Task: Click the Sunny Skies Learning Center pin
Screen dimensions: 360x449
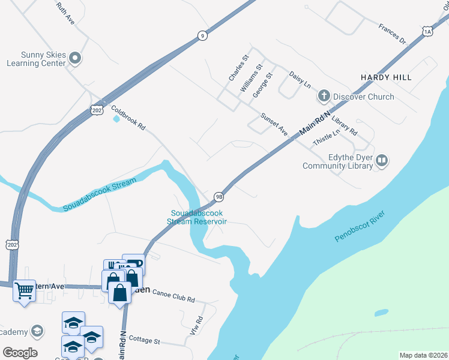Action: [75, 58]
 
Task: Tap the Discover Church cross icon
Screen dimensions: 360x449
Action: [324, 96]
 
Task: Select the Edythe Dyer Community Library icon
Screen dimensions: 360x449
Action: [382, 160]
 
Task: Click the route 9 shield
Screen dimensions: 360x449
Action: [203, 36]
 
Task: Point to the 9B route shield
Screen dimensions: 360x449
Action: [219, 196]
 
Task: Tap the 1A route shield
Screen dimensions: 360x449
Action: [427, 31]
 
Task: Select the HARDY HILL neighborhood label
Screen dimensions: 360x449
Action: [386, 78]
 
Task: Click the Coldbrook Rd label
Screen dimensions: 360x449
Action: [128, 118]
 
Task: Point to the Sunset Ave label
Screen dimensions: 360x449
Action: [274, 124]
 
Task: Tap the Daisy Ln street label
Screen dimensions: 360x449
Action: [300, 80]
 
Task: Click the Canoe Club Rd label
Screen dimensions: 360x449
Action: [175, 299]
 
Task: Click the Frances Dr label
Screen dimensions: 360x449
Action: [393, 34]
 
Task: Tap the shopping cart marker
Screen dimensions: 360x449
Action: [25, 291]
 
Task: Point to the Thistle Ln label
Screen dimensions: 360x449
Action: [327, 139]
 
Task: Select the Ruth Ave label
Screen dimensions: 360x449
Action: [65, 13]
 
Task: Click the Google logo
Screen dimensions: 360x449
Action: [20, 353]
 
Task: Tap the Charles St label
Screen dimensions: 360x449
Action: [238, 69]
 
